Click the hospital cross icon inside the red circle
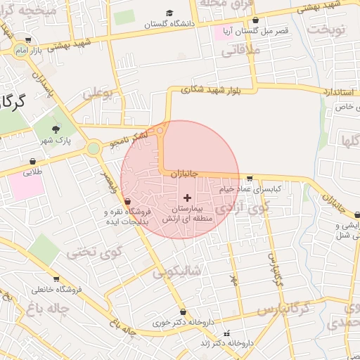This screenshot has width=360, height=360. coord(186,198)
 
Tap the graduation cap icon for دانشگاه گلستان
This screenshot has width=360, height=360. coord(169,13)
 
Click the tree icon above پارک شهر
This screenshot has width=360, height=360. coord(55,129)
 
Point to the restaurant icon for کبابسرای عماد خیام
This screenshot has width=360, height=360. coord(250,179)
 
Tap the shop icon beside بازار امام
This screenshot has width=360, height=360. coord(27,41)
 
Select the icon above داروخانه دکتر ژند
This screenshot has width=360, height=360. coord(226,333)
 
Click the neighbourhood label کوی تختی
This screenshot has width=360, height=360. coord(98,250)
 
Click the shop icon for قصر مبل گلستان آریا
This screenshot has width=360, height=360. coord(255,20)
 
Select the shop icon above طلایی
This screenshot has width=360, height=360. coord(33,161)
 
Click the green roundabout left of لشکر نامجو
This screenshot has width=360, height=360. coord(94,148)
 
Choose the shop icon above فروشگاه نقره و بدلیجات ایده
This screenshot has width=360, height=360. coord(127,202)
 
